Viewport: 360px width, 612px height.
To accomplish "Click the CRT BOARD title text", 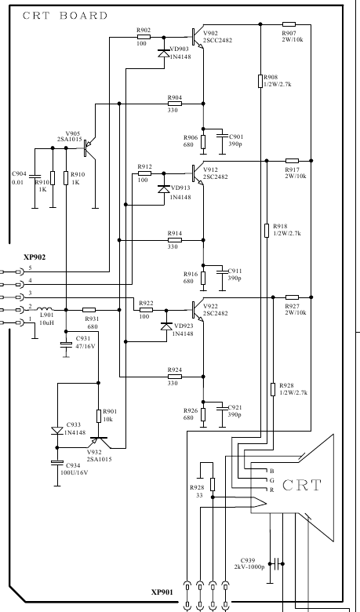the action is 65,16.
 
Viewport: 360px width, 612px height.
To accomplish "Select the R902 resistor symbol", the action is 144,37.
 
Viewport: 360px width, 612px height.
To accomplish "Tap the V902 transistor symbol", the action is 198,37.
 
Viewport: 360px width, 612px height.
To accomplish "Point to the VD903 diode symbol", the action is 164,53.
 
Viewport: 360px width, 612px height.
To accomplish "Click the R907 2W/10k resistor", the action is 289,24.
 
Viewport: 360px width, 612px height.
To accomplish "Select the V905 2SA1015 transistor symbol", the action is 89,148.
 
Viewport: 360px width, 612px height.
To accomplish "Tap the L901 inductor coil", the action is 45,309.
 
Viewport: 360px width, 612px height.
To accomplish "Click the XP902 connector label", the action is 35,257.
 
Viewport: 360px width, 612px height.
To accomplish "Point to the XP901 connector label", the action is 162,592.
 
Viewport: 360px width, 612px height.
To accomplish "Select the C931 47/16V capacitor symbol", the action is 66,344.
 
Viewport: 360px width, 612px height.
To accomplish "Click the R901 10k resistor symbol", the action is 98,416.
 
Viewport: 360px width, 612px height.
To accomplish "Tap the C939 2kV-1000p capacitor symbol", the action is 276,563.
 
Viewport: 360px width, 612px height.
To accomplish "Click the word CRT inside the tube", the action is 301,485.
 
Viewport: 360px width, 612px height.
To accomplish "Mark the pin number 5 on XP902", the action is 30,268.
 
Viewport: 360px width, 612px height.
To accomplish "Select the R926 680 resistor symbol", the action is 203,414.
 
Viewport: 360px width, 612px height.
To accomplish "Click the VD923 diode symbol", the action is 166,326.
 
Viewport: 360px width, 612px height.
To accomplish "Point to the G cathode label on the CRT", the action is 272,480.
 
